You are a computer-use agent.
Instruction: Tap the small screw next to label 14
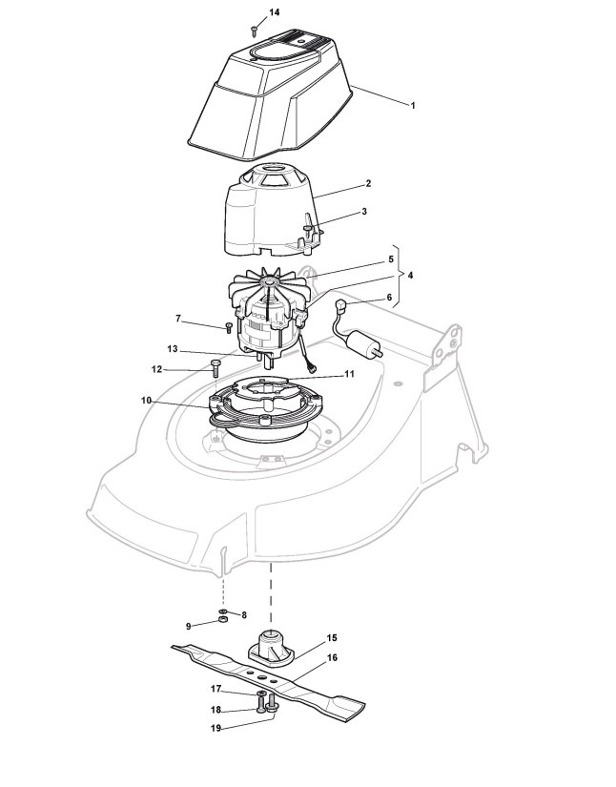click(256, 31)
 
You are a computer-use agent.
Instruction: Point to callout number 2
click(368, 183)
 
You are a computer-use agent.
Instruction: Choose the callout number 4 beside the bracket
click(410, 276)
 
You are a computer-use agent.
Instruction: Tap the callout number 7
click(176, 317)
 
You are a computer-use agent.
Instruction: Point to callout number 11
click(349, 374)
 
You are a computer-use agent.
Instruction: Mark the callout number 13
click(172, 348)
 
